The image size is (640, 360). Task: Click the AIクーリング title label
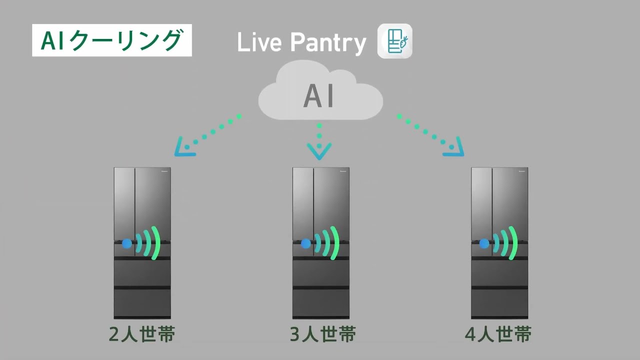click(x=111, y=40)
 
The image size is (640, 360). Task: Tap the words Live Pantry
click(x=301, y=43)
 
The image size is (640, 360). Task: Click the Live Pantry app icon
click(x=394, y=41)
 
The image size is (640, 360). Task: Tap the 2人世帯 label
click(x=142, y=334)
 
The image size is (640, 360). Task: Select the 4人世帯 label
click(x=498, y=334)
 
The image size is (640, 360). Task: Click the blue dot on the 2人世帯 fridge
click(x=127, y=243)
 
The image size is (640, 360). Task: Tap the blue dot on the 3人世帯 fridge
click(x=305, y=243)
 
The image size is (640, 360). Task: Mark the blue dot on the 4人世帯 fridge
click(x=484, y=243)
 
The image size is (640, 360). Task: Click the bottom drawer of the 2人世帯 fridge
click(x=142, y=302)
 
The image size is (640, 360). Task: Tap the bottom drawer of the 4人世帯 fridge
click(x=499, y=302)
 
